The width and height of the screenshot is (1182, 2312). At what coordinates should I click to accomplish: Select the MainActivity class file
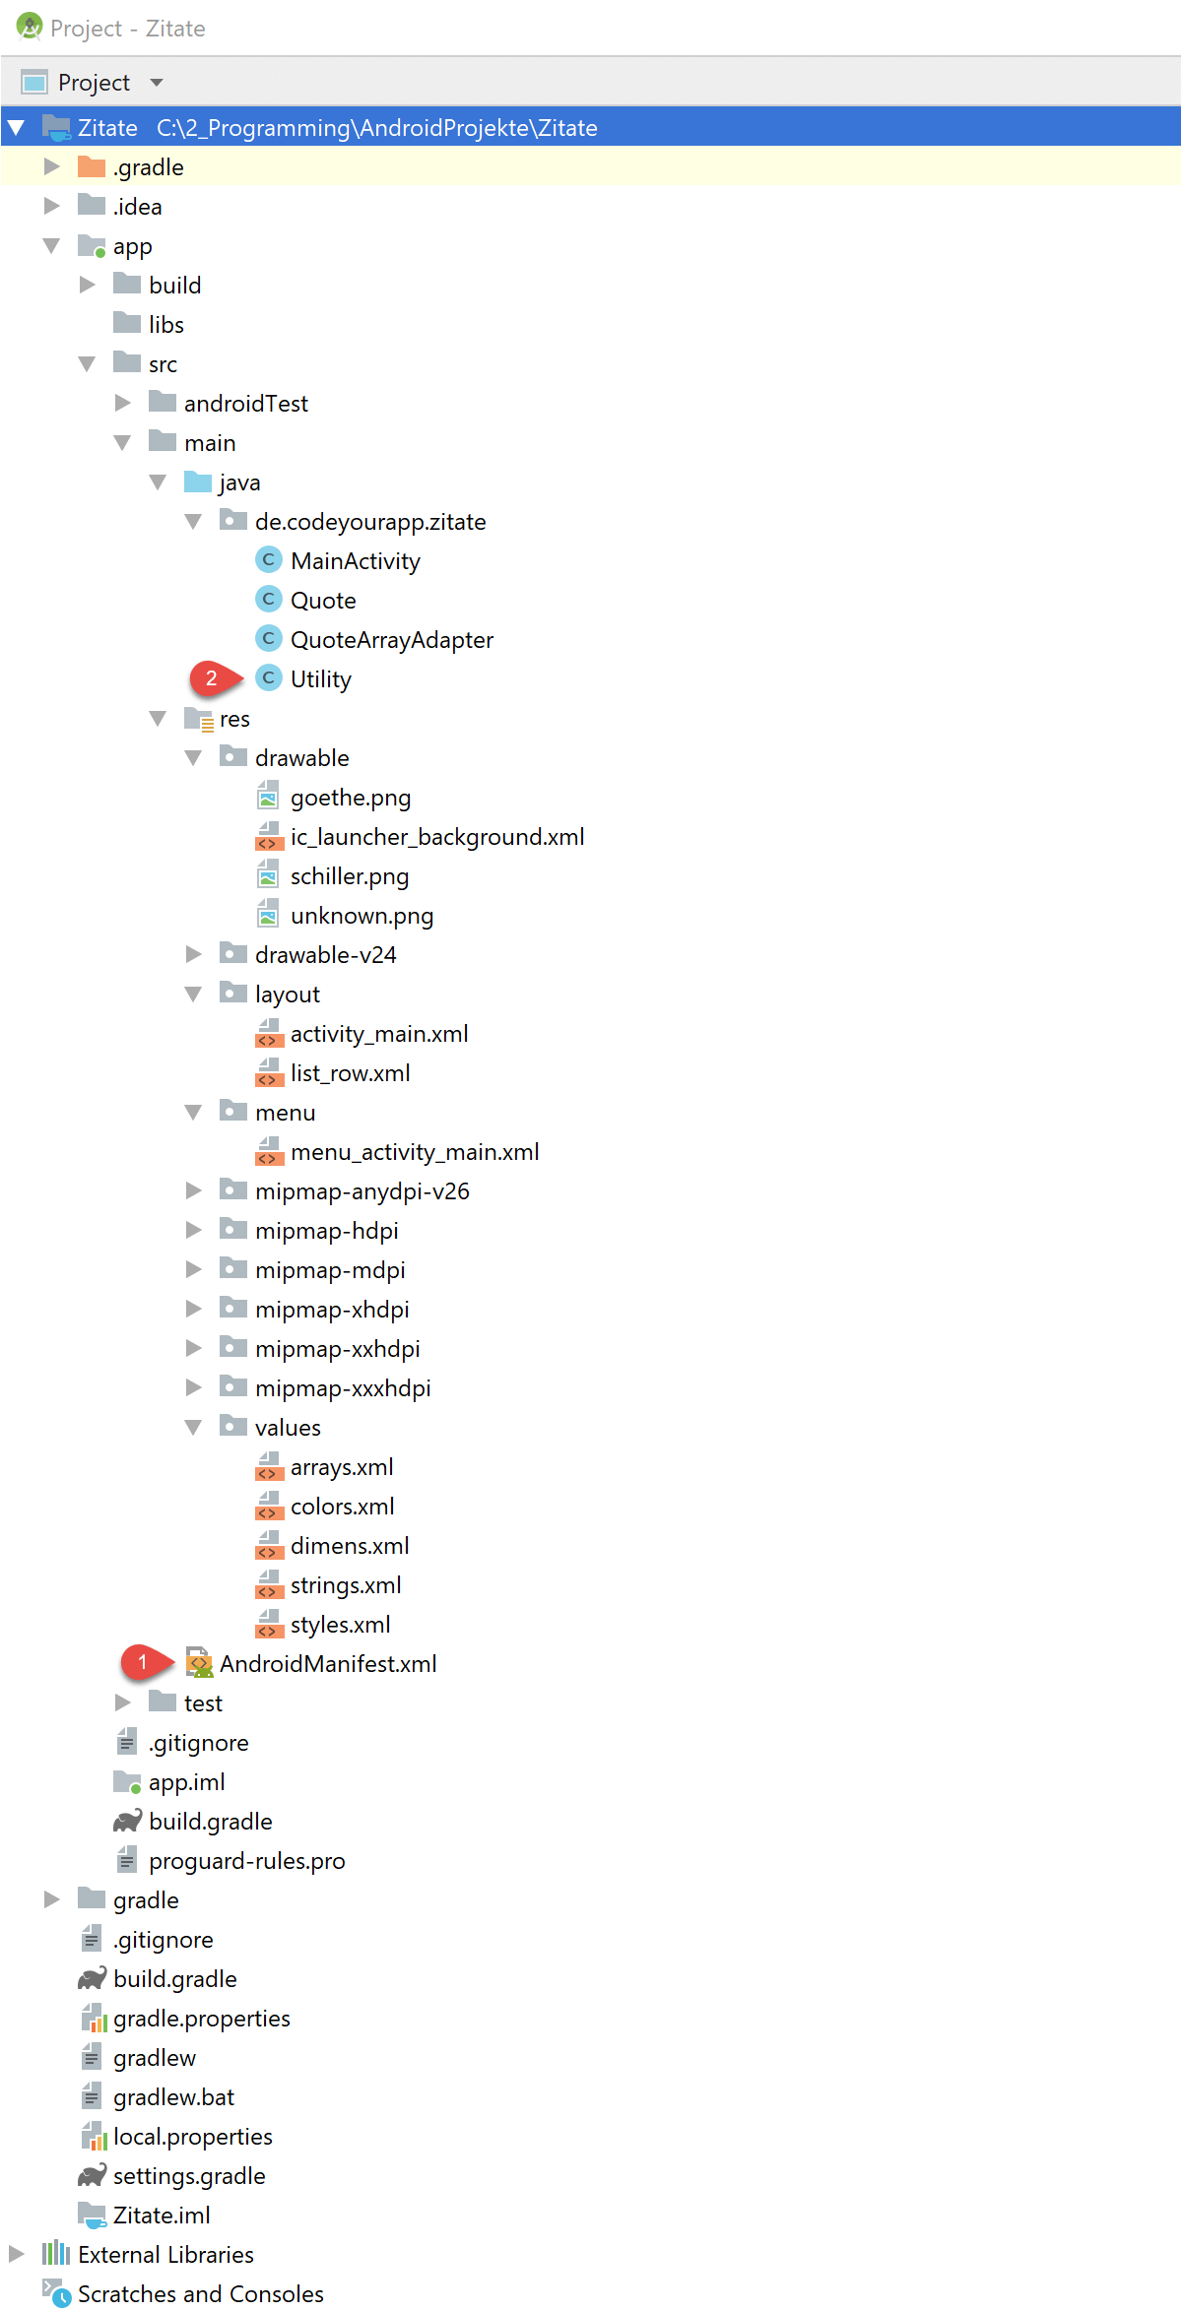point(355,561)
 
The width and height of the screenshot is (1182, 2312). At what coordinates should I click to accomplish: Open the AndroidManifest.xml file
point(328,1664)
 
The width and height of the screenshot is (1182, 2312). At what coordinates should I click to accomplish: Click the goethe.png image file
point(351,798)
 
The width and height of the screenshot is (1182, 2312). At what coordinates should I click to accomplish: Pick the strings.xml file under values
point(346,1585)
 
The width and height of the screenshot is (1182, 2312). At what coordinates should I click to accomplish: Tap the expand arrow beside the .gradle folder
point(52,166)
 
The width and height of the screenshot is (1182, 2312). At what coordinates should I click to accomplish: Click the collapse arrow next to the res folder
point(158,719)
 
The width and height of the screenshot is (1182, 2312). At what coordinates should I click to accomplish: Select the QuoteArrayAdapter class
point(392,640)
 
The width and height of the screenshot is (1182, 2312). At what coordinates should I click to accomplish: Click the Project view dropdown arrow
point(157,83)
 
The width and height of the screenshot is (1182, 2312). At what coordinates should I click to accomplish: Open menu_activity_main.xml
point(415,1152)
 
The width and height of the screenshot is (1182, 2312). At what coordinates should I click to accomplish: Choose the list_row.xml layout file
point(350,1073)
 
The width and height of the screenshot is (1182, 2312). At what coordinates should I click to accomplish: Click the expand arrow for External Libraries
point(16,2254)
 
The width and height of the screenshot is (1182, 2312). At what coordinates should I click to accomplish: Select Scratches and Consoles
point(201,2294)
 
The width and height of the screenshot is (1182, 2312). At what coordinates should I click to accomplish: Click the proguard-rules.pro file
point(247,1861)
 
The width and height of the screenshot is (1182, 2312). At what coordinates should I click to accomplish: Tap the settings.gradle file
point(189,2176)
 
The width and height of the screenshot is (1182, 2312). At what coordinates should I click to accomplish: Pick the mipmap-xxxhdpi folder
point(343,1388)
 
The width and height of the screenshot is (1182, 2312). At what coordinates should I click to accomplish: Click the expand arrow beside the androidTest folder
point(123,403)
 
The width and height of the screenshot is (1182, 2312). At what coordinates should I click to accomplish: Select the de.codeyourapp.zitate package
point(370,522)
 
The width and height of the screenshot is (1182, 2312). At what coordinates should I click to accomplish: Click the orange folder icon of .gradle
point(92,166)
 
